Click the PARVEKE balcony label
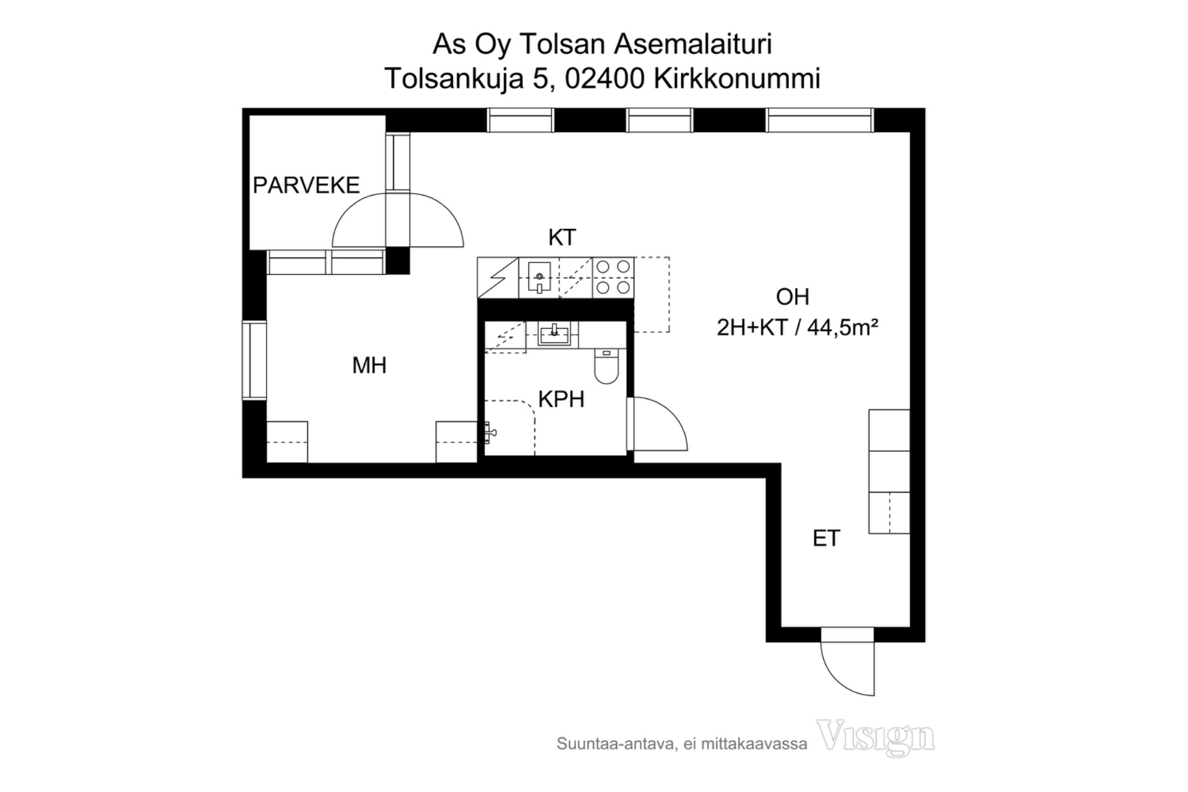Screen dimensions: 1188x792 306,185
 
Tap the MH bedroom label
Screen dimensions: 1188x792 369,365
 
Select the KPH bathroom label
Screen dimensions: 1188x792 561,399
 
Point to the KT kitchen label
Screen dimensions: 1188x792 562,237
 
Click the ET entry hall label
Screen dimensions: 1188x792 827,538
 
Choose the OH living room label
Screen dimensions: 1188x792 793,297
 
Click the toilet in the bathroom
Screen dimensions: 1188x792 606,366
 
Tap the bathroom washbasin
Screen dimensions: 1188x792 554,334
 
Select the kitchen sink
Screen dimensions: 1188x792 539,277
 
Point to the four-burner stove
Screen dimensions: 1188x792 613,277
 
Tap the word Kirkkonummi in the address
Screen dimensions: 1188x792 737,79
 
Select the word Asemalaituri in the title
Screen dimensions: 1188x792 693,45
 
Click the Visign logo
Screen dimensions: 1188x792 876,737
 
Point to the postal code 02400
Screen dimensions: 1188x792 605,79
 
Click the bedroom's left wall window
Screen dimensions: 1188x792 254,361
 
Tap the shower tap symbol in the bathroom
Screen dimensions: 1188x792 489,433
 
